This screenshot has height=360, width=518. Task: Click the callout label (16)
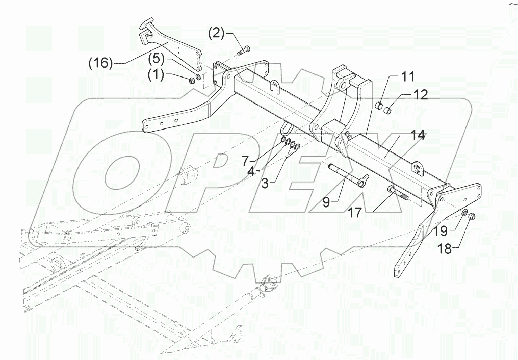point(99,63)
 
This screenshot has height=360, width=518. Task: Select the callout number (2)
point(216,35)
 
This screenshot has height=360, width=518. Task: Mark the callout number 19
point(441,232)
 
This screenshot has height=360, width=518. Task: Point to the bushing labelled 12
point(388,109)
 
